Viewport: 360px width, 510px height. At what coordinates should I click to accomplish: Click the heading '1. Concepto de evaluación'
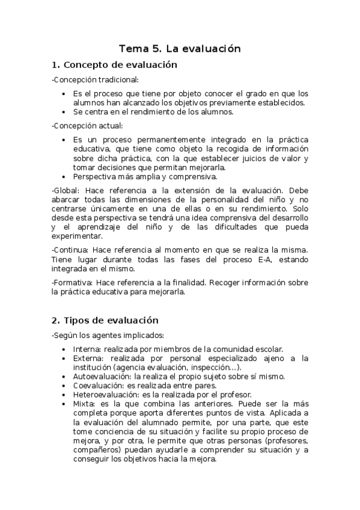pyautogui.click(x=114, y=65)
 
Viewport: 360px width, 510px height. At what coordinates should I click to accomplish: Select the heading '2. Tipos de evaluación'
pyautogui.click(x=105, y=320)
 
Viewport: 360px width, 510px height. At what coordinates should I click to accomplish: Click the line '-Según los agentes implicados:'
pyautogui.click(x=108, y=335)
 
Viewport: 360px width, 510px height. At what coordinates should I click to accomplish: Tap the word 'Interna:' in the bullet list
pyautogui.click(x=87, y=349)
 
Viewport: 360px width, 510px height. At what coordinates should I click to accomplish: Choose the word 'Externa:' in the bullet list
pyautogui.click(x=89, y=358)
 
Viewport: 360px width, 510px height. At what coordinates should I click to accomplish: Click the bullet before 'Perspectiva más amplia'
pyautogui.click(x=64, y=177)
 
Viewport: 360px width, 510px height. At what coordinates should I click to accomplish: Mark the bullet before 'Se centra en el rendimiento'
pyautogui.click(x=64, y=112)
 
